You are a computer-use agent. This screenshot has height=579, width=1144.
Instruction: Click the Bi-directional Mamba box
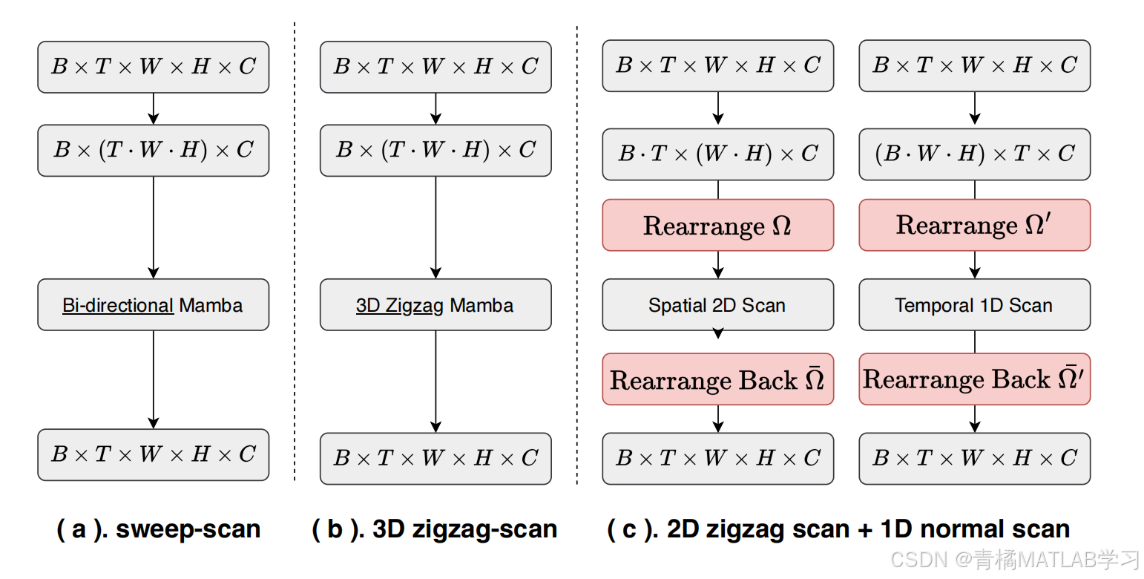pos(153,304)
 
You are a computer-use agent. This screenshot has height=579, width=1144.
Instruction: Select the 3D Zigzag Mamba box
pos(435,304)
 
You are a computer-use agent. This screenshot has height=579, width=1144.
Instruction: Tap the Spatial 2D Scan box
pos(717,304)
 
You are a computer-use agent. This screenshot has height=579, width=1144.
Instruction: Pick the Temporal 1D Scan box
pos(974,304)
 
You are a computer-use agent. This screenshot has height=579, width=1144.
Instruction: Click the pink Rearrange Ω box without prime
pos(717,225)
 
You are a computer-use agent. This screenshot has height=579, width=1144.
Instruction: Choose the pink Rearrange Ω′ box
pos(974,225)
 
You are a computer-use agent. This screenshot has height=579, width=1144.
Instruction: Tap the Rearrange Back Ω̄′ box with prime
pos(974,379)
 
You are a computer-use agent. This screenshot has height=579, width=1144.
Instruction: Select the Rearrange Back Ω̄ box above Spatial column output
pos(717,379)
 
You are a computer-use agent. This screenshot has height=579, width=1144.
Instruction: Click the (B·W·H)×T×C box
pos(974,154)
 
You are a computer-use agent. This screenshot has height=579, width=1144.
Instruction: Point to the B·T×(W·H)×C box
pos(717,154)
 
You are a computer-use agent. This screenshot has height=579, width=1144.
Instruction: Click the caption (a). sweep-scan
pos(159,529)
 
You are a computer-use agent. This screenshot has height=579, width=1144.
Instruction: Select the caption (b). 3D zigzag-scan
pos(435,529)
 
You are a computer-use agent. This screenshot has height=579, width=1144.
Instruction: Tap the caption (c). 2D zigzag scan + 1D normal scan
pos(838,529)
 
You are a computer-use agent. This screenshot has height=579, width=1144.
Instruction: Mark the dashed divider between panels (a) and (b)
pos(295,252)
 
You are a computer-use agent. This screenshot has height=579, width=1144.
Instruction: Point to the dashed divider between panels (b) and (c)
pos(576,252)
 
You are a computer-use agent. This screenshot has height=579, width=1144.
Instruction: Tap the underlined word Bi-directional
pos(118,305)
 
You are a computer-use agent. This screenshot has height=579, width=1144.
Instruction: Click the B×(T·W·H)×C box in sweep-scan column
pos(153,150)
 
